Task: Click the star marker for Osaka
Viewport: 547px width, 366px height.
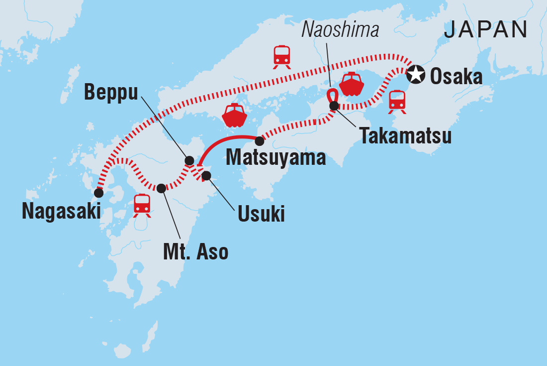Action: [416, 76]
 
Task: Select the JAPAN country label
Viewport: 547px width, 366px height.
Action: [486, 31]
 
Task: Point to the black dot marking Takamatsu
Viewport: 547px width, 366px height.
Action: [334, 106]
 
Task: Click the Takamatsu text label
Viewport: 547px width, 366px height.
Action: [406, 136]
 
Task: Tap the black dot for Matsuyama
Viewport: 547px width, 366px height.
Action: [259, 141]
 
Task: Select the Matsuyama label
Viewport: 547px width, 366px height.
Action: [276, 158]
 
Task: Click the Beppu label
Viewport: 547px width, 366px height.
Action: [110, 92]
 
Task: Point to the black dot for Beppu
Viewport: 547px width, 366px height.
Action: [189, 160]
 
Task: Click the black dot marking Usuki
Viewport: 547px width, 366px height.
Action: [206, 175]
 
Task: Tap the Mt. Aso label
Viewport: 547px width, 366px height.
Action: [195, 252]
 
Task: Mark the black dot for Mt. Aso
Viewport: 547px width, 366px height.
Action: [161, 188]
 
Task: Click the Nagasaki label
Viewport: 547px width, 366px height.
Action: [61, 212]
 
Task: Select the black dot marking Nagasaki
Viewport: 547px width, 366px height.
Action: [98, 193]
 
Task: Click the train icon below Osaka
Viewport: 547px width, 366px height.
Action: [397, 102]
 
